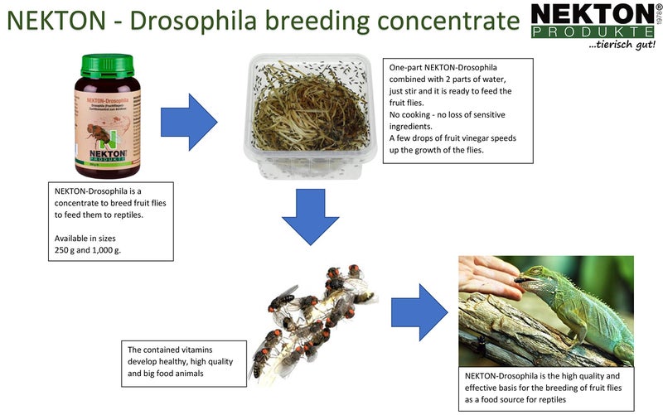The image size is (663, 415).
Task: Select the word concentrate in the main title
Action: click(x=434, y=22)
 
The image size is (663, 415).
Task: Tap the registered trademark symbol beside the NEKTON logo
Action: click(x=658, y=8)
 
